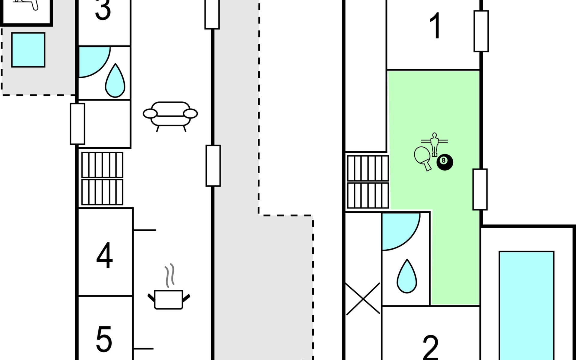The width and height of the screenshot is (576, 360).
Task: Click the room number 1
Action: tap(435, 26)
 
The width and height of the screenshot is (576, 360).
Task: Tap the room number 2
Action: tap(431, 348)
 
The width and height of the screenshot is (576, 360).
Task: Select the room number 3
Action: tap(103, 10)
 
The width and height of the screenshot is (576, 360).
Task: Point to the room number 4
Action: tap(104, 256)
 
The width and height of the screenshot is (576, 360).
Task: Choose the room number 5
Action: tap(104, 340)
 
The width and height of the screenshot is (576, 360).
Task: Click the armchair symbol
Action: tap(170, 115)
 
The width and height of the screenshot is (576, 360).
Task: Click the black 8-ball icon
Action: tap(445, 162)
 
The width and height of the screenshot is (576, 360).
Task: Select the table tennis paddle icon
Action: tap(422, 158)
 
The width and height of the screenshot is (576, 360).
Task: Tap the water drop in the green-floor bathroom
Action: tap(407, 276)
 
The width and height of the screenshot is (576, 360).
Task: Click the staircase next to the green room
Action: tap(368, 182)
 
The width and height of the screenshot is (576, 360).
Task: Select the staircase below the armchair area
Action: tap(102, 178)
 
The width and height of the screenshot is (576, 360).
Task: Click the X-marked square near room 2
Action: tap(363, 299)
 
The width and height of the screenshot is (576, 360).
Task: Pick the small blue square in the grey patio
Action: tap(28, 50)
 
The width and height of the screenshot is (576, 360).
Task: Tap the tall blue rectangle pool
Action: tap(526, 304)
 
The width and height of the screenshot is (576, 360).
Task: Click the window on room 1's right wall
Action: tap(481, 31)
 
